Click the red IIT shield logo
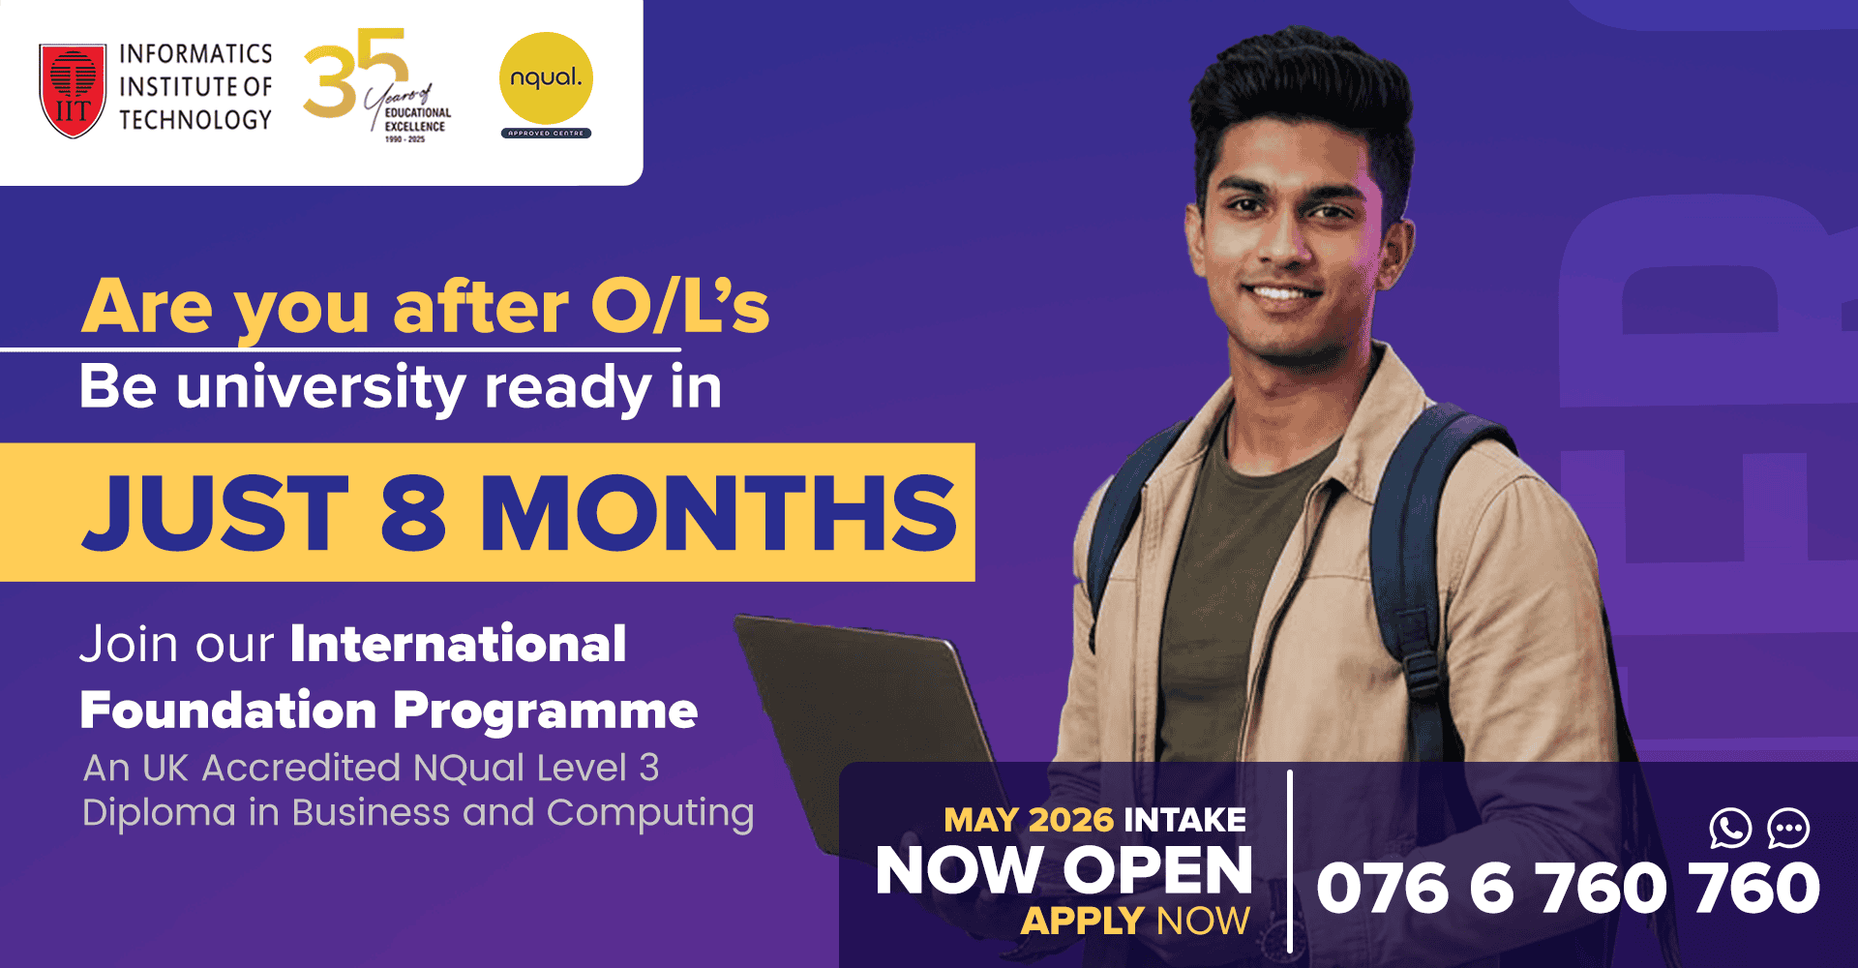[73, 89]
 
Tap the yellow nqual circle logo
[546, 78]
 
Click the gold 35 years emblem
[373, 85]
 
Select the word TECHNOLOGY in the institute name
[195, 120]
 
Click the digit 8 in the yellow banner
[413, 513]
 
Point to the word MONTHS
[718, 513]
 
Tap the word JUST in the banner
[216, 513]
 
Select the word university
[321, 387]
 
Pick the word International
[458, 644]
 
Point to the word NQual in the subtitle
[469, 768]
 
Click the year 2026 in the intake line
[1071, 820]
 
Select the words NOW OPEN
[1064, 870]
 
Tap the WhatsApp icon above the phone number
[1730, 829]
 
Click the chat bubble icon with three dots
[1788, 829]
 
